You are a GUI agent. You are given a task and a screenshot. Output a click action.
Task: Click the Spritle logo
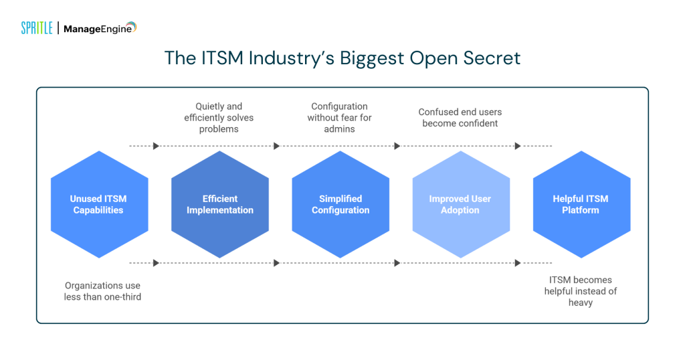click(x=36, y=28)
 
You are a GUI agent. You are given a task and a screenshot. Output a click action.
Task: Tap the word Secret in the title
click(x=488, y=58)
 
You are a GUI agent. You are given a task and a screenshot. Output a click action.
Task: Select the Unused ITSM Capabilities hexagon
click(x=99, y=204)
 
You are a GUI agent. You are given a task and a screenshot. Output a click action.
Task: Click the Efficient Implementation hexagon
click(x=219, y=204)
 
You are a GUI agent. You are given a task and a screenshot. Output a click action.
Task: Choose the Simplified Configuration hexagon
click(x=340, y=204)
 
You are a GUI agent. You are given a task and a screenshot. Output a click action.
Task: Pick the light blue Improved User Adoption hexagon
click(x=460, y=204)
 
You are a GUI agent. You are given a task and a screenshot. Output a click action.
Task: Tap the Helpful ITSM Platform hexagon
click(x=581, y=204)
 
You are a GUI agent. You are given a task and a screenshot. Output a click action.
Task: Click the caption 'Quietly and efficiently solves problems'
click(x=219, y=118)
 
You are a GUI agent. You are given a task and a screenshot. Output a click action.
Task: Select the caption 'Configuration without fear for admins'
click(x=339, y=118)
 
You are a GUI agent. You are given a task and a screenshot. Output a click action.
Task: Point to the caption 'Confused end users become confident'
click(x=460, y=118)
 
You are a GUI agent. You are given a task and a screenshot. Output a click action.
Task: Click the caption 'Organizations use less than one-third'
click(x=102, y=291)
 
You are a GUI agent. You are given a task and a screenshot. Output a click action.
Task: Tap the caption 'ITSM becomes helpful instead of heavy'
click(x=581, y=291)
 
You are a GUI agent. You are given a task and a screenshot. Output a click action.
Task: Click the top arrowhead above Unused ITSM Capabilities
click(x=156, y=146)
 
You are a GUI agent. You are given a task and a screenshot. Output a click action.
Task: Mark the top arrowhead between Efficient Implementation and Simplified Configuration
click(x=276, y=146)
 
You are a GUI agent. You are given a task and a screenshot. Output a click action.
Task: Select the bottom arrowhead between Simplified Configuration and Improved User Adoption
click(x=397, y=263)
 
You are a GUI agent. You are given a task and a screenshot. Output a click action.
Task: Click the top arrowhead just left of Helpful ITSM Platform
click(x=517, y=146)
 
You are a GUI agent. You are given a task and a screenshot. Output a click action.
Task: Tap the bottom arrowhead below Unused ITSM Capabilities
click(x=156, y=263)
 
